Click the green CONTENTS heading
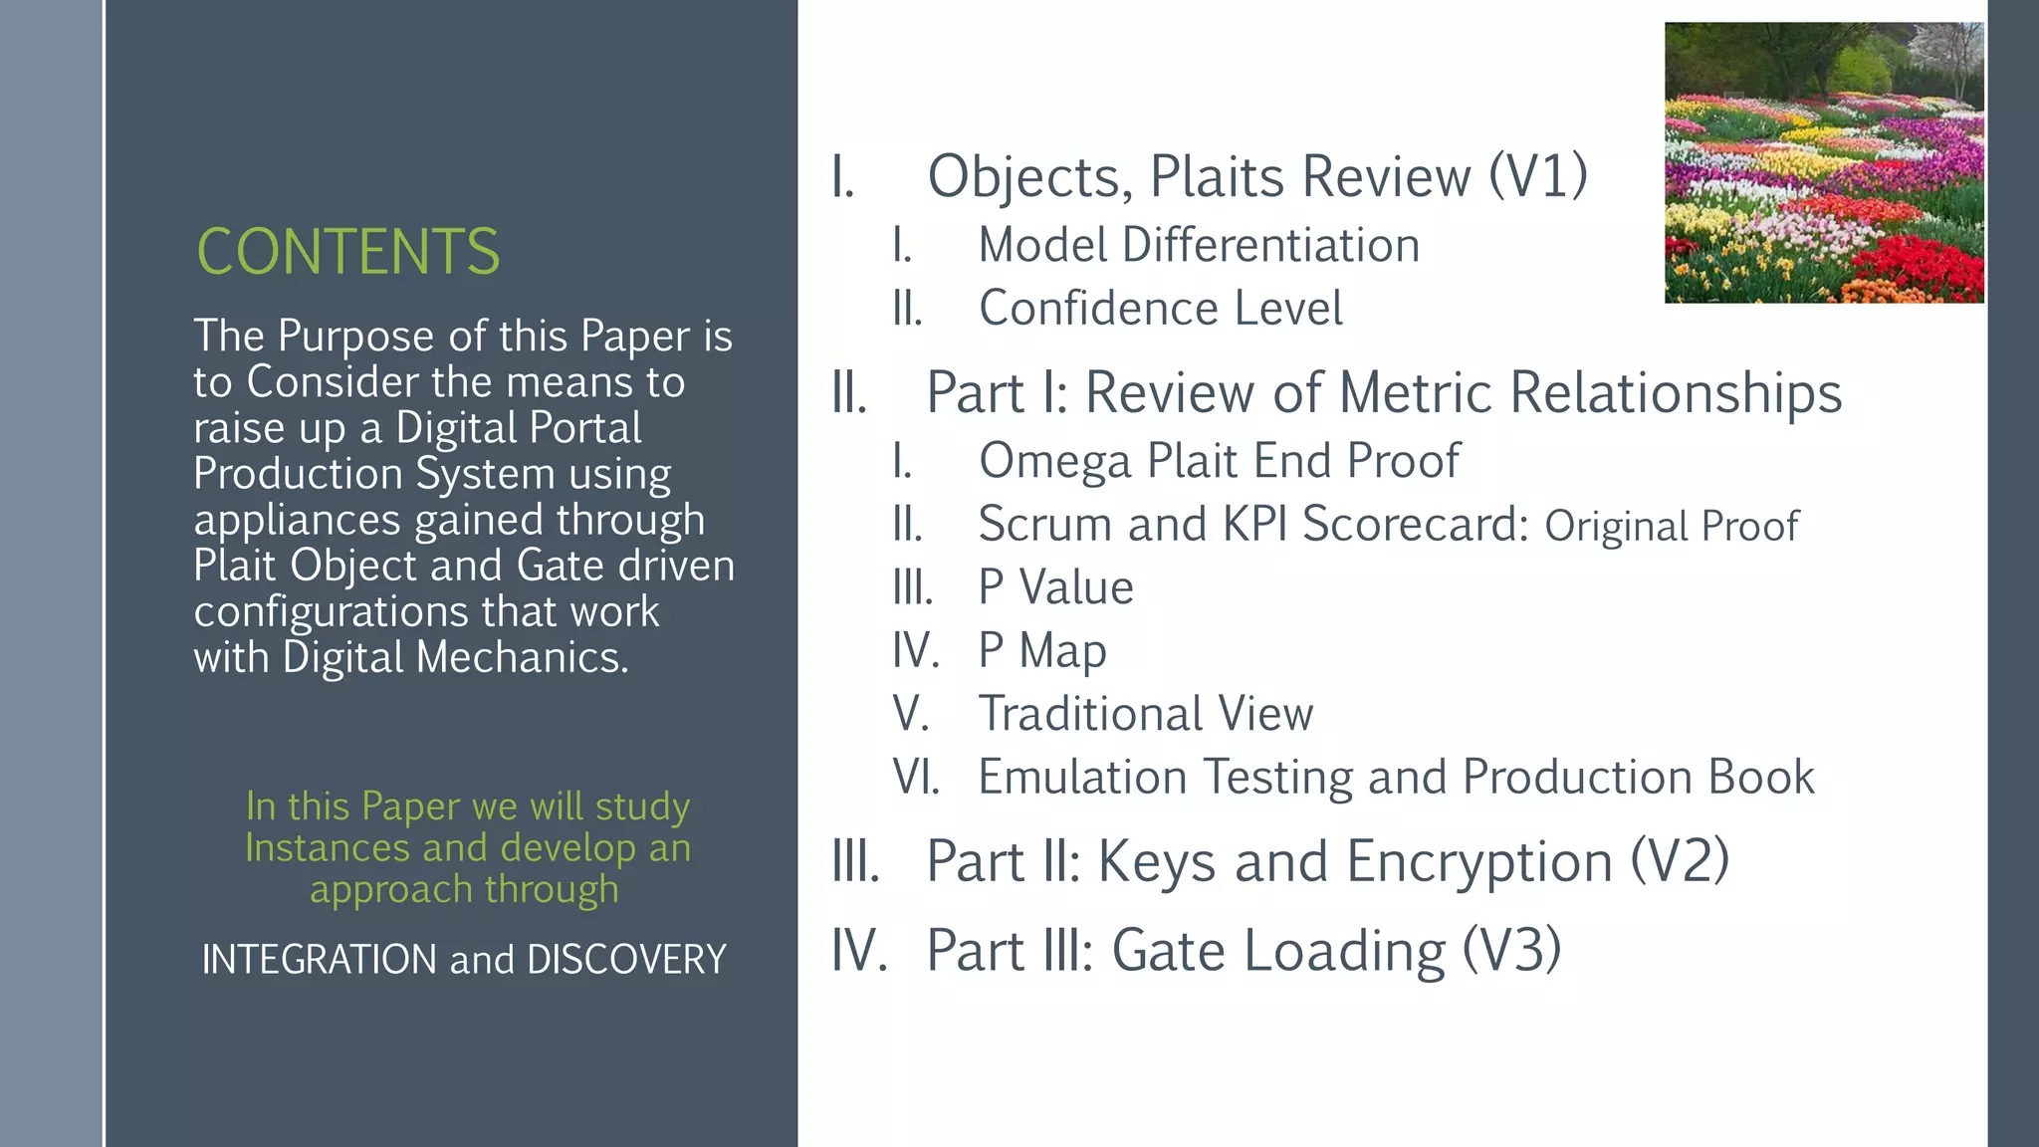[x=347, y=251]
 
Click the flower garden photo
[x=1823, y=162]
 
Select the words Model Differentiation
[x=1198, y=245]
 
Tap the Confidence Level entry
[x=1160, y=308]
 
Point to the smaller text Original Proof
[x=1671, y=526]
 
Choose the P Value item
[x=1055, y=587]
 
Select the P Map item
[x=1041, y=651]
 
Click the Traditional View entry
[x=1145, y=714]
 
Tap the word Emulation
[x=1082, y=777]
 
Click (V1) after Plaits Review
[x=1537, y=176]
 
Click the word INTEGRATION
[x=319, y=959]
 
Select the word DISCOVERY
[x=626, y=959]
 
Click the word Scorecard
[x=1414, y=524]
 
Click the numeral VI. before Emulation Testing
[x=915, y=777]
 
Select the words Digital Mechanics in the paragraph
[x=455, y=657]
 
